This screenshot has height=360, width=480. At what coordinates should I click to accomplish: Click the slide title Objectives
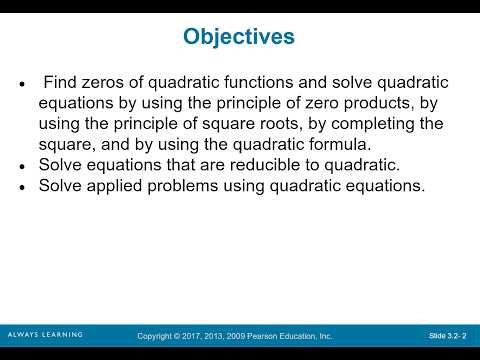(x=239, y=37)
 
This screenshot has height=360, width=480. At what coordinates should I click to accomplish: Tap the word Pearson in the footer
(x=284, y=335)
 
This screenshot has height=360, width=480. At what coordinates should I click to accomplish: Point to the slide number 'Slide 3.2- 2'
(x=449, y=335)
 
